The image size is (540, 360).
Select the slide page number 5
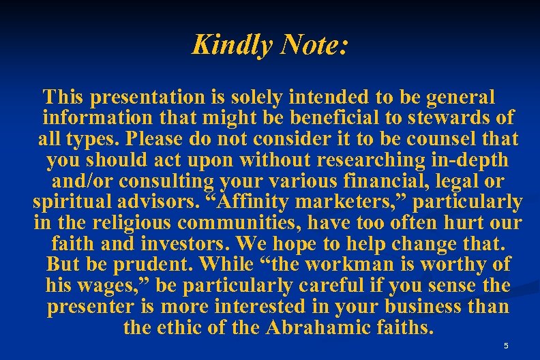[x=505, y=346]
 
